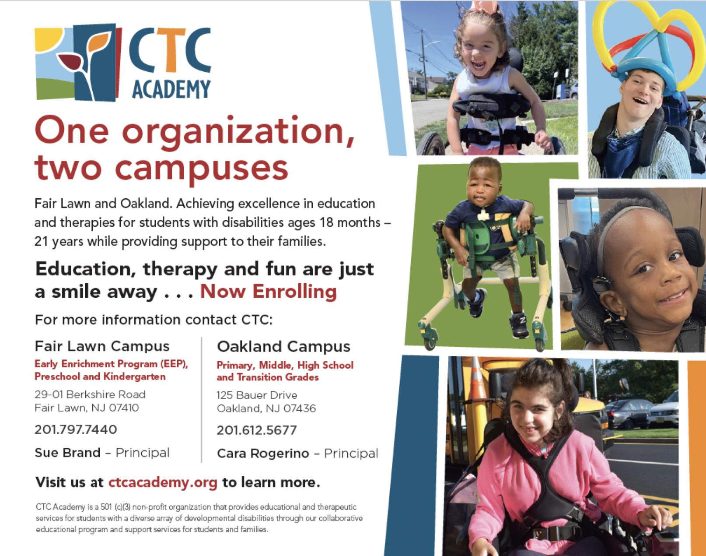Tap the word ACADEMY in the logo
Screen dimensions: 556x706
(171, 89)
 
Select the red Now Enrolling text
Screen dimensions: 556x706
(268, 292)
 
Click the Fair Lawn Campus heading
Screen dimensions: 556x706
(102, 346)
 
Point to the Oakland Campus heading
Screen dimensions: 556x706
(283, 347)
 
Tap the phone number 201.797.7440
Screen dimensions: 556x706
(76, 429)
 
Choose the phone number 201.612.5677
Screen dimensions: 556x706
(257, 430)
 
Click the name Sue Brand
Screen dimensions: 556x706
(67, 453)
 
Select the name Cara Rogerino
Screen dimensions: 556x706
(263, 454)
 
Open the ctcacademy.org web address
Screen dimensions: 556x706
(163, 482)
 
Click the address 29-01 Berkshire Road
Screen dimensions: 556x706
(90, 394)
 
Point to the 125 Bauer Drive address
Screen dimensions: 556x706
(257, 395)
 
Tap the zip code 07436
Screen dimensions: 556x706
(299, 408)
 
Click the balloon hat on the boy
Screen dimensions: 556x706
(647, 44)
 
